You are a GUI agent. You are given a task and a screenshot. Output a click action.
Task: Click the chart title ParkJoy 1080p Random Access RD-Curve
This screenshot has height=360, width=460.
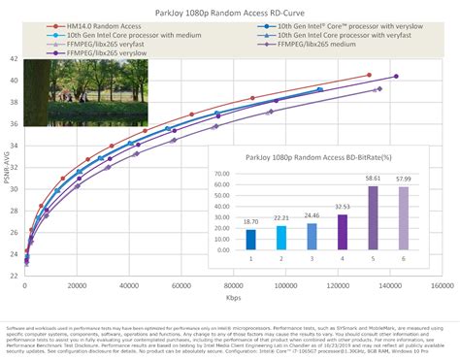pyautogui.click(x=230, y=12)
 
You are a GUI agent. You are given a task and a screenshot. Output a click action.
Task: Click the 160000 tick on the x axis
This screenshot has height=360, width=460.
pyautogui.click(x=443, y=287)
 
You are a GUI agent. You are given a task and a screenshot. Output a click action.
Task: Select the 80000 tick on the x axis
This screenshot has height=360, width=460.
pyautogui.click(x=233, y=287)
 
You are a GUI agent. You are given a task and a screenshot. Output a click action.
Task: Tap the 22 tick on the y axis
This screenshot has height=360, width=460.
pyautogui.click(x=14, y=275)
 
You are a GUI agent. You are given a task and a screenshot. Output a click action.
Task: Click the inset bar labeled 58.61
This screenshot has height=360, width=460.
pyautogui.click(x=373, y=218)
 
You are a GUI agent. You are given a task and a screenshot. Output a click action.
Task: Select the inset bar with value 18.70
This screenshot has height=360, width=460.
pyautogui.click(x=250, y=240)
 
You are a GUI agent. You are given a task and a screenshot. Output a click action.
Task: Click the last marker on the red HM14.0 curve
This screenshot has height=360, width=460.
pyautogui.click(x=369, y=75)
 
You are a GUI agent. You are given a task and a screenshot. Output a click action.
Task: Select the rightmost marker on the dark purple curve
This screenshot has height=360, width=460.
pyautogui.click(x=395, y=77)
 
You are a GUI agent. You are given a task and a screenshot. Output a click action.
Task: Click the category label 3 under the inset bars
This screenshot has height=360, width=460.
pyautogui.click(x=312, y=259)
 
